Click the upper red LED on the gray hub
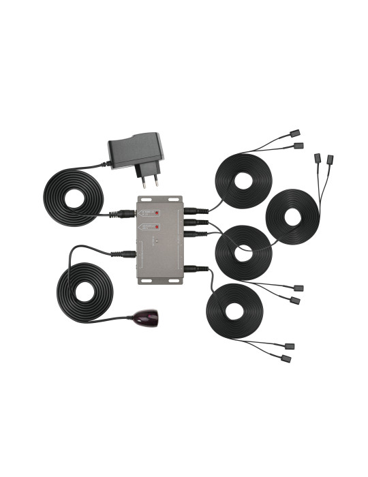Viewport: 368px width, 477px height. click(157, 212)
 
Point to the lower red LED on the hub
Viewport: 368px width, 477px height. click(157, 226)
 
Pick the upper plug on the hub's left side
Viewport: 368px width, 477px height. click(125, 213)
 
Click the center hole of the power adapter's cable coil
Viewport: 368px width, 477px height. click(74, 198)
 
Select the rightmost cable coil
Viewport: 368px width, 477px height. click(292, 217)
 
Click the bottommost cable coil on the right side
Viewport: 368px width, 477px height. click(234, 311)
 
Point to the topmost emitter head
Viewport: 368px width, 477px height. click(296, 134)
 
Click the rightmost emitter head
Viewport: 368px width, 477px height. click(331, 159)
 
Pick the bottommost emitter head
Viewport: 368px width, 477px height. click(287, 358)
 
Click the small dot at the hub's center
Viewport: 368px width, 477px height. click(155, 241)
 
